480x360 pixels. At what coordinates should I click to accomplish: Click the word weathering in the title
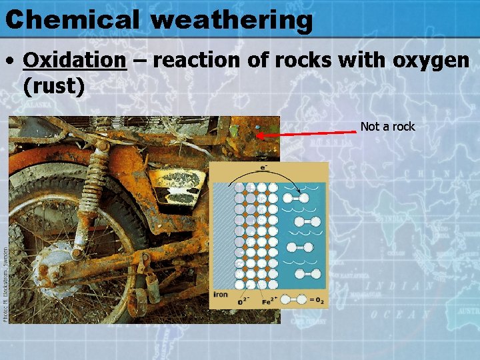(x=231, y=21)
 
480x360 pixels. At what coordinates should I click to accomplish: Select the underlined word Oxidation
(x=74, y=61)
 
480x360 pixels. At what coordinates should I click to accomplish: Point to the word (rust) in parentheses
(x=53, y=86)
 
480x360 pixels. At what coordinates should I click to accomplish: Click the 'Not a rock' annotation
(x=387, y=126)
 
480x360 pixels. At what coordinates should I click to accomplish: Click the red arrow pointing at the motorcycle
(x=307, y=134)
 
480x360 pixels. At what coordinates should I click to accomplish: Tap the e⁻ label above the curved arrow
(x=265, y=167)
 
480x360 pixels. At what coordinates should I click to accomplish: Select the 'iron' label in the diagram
(x=221, y=293)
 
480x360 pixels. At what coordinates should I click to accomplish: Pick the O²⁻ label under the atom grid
(x=245, y=301)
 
